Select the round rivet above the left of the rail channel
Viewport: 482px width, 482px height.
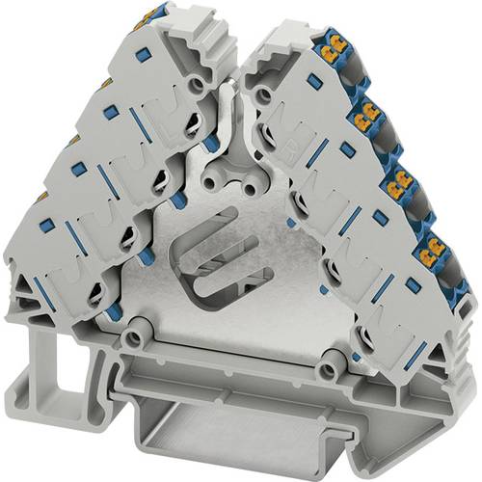tap(139, 339)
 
